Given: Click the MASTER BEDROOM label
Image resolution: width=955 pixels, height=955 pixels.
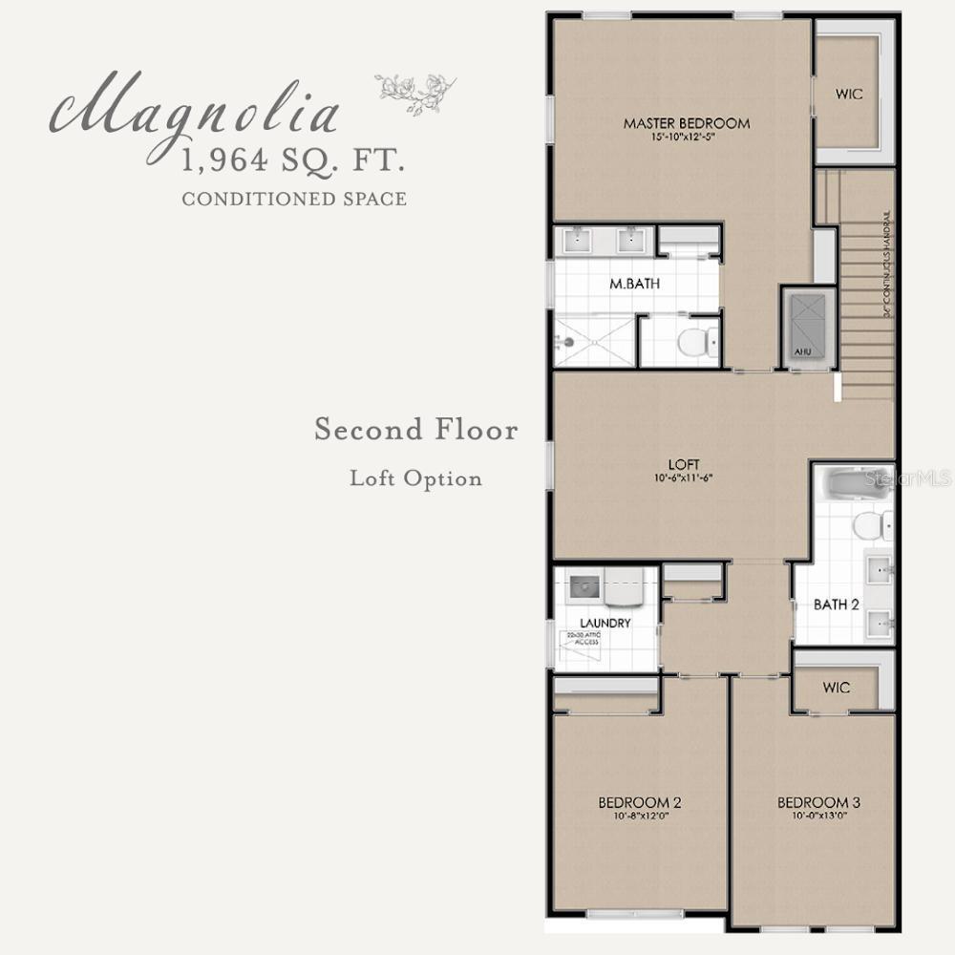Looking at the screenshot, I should (x=686, y=123).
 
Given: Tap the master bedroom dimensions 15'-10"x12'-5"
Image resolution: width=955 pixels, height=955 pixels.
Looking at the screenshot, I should (x=686, y=138).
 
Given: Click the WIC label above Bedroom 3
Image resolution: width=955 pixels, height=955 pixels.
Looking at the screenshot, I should (x=836, y=688).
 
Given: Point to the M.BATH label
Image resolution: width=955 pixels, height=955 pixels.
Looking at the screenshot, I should (x=635, y=284).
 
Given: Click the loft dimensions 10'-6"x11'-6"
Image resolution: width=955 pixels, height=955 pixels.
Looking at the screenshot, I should (x=685, y=477).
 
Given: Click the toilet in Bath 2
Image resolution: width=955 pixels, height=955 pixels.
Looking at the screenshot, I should (x=872, y=524).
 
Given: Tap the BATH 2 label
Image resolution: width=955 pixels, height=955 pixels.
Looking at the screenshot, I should (x=836, y=605).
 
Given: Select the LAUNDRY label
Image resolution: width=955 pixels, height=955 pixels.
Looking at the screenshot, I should (x=605, y=623).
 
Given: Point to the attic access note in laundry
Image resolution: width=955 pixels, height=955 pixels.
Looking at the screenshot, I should (x=582, y=639).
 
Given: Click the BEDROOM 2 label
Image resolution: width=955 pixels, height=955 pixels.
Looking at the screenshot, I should (x=639, y=802).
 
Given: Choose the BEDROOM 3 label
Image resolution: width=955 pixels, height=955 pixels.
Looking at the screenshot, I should (x=812, y=802).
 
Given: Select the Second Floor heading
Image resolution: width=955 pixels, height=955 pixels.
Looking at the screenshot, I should (x=416, y=431).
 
